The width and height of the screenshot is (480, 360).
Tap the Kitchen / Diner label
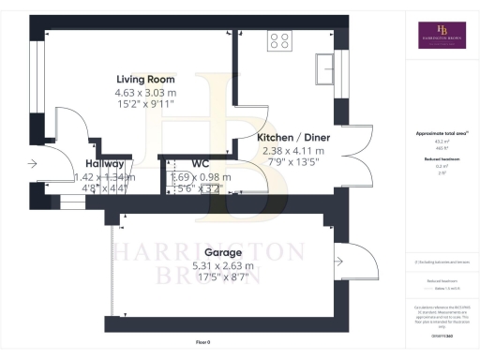coord(290,137)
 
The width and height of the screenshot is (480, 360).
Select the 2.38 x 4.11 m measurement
coord(290,150)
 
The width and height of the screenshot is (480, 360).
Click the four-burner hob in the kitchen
coord(278,40)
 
